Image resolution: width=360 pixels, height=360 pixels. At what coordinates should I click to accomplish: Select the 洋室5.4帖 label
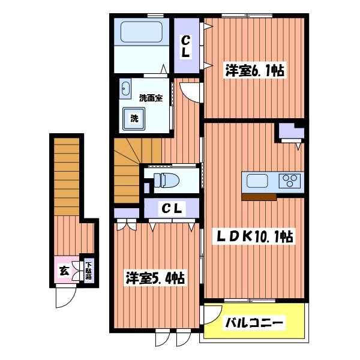(x=154, y=278)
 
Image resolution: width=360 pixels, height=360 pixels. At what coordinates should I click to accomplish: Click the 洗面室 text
(x=151, y=97)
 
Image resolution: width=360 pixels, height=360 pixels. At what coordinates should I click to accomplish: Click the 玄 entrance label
(x=64, y=271)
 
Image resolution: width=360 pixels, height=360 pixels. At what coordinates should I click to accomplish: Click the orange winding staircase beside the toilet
(x=128, y=169)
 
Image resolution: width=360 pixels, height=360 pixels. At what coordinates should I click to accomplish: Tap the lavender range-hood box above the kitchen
(x=290, y=131)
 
